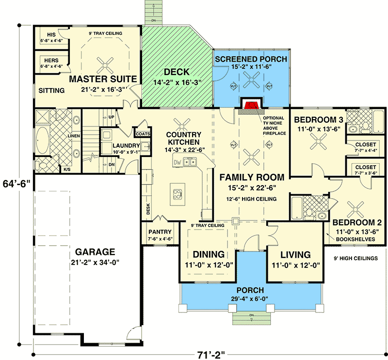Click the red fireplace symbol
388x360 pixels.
pos(251,105)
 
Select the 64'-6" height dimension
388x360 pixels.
pos(18,184)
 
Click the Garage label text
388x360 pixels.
pos(95,252)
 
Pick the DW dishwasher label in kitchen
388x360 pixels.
pos(178,163)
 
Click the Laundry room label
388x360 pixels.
pos(126,145)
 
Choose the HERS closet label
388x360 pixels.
pos(47,60)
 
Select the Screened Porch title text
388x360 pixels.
pos(251,59)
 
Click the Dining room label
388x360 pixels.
pos(209,254)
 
